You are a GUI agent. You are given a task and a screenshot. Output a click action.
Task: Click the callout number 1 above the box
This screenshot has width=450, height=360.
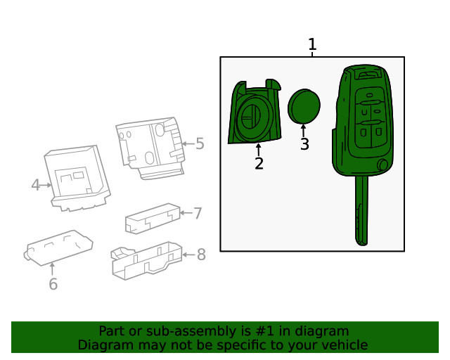tap(312, 45)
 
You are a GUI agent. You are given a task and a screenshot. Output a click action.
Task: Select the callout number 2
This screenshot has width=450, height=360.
tap(259, 164)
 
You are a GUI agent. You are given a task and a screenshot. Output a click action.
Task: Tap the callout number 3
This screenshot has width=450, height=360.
tap(304, 144)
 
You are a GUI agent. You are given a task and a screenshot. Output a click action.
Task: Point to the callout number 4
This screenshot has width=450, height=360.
tap(36, 185)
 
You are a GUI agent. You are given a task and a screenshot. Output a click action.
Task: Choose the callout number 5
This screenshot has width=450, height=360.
tap(200, 144)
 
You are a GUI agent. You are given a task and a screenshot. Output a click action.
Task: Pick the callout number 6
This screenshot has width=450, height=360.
tap(53, 284)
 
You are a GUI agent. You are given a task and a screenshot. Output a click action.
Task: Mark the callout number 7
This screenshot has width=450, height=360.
tap(198, 213)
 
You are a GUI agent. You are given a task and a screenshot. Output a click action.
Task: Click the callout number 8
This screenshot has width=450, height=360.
tap(201, 255)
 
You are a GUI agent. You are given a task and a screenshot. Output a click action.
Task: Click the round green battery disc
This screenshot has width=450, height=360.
tap(304, 106)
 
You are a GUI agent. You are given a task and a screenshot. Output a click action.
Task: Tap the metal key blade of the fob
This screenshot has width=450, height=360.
tap(361, 211)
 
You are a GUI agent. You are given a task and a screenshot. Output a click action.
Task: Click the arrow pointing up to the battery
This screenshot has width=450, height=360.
tap(304, 130)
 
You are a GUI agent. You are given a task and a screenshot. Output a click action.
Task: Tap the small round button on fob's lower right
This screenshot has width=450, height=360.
tap(382, 165)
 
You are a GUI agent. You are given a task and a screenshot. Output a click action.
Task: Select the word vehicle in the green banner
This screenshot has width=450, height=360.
tap(342, 345)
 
